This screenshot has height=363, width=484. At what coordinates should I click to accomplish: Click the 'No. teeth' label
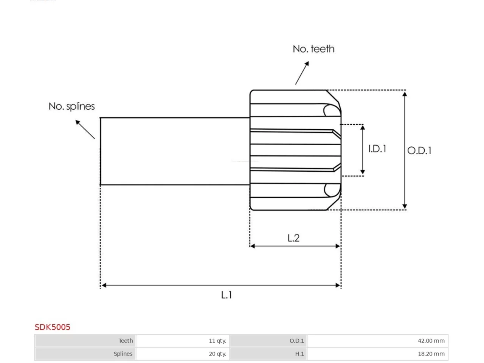(x=313, y=49)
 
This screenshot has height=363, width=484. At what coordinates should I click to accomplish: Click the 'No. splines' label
(x=72, y=106)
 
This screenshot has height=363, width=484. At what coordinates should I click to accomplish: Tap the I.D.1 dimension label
(x=377, y=149)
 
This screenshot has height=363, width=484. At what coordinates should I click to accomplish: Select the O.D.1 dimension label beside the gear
(x=419, y=150)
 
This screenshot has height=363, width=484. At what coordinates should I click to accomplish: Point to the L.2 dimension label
(x=293, y=238)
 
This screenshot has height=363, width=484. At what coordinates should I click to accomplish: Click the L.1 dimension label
(x=226, y=295)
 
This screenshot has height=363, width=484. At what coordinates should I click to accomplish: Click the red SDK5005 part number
(x=53, y=327)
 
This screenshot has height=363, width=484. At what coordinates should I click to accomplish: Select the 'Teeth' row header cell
(x=85, y=341)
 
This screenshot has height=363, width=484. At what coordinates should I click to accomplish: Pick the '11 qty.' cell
(x=183, y=341)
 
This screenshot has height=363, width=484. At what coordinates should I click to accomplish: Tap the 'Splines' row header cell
(x=85, y=354)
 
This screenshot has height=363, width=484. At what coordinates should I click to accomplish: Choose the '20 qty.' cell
(x=183, y=354)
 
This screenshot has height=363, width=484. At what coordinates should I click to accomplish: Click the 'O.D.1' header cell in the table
(x=268, y=341)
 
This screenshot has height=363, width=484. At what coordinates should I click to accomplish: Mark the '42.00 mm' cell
(x=378, y=341)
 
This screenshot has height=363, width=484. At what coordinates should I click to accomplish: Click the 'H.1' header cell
(x=268, y=354)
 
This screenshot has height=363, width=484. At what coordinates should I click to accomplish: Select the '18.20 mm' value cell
(x=378, y=354)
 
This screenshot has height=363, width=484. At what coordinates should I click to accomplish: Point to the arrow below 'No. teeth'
(x=302, y=73)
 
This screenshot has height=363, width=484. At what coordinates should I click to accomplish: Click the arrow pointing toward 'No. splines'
(x=85, y=129)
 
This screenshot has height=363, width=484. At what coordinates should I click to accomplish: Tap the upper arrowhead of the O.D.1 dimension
(x=404, y=94)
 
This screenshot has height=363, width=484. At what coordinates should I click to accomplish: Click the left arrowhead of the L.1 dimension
(x=104, y=285)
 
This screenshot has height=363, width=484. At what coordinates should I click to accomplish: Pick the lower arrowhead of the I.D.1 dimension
(x=363, y=172)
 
